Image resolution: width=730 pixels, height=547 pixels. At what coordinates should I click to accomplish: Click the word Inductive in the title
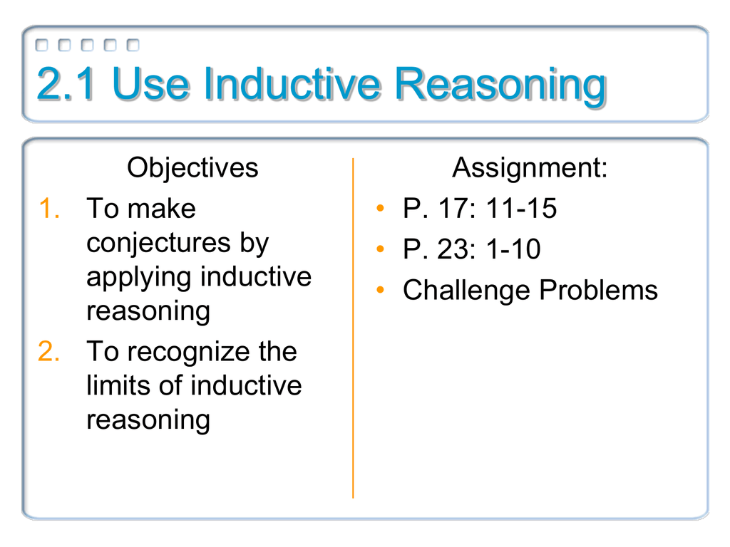pyautogui.click(x=292, y=85)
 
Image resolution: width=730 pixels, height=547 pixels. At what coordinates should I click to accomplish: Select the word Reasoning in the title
pyautogui.click(x=500, y=85)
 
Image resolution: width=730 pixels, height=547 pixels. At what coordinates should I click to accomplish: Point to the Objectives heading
pyautogui.click(x=192, y=169)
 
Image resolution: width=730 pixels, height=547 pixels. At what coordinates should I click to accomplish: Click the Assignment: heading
pyautogui.click(x=530, y=169)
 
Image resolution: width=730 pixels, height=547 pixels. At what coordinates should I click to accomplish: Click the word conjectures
pyautogui.click(x=156, y=244)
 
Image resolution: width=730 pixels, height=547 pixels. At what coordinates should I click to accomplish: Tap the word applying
pyautogui.click(x=139, y=277)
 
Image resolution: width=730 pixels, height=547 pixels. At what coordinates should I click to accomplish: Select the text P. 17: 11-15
pyautogui.click(x=479, y=209)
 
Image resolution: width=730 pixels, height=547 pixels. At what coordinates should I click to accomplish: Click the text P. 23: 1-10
pyautogui.click(x=471, y=249)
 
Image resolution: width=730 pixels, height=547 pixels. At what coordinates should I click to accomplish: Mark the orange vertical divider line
pyautogui.click(x=353, y=328)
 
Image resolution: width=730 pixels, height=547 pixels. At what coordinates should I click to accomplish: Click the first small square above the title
pyautogui.click(x=42, y=45)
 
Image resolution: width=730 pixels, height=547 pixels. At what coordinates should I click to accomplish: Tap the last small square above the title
pyautogui.click(x=133, y=45)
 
